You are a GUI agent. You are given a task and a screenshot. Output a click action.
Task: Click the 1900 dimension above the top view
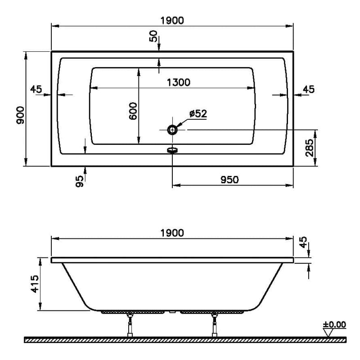pos(172,21)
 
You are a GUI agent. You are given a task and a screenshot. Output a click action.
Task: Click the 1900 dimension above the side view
pos(172,233)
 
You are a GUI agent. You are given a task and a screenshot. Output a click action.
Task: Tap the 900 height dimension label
pos(20,115)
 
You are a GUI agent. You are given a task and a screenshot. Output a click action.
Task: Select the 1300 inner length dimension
pos(178,82)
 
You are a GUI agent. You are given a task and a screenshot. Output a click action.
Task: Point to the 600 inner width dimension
pos(133,111)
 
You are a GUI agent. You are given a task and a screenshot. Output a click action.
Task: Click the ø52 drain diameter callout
pos(198,113)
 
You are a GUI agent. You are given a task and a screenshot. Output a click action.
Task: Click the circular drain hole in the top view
pos(172,130)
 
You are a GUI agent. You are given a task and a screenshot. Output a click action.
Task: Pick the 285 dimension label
pos(309,148)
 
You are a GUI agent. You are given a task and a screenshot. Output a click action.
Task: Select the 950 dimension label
pos(229,180)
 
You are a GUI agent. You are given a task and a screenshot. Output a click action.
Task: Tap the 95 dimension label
pos(80,181)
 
